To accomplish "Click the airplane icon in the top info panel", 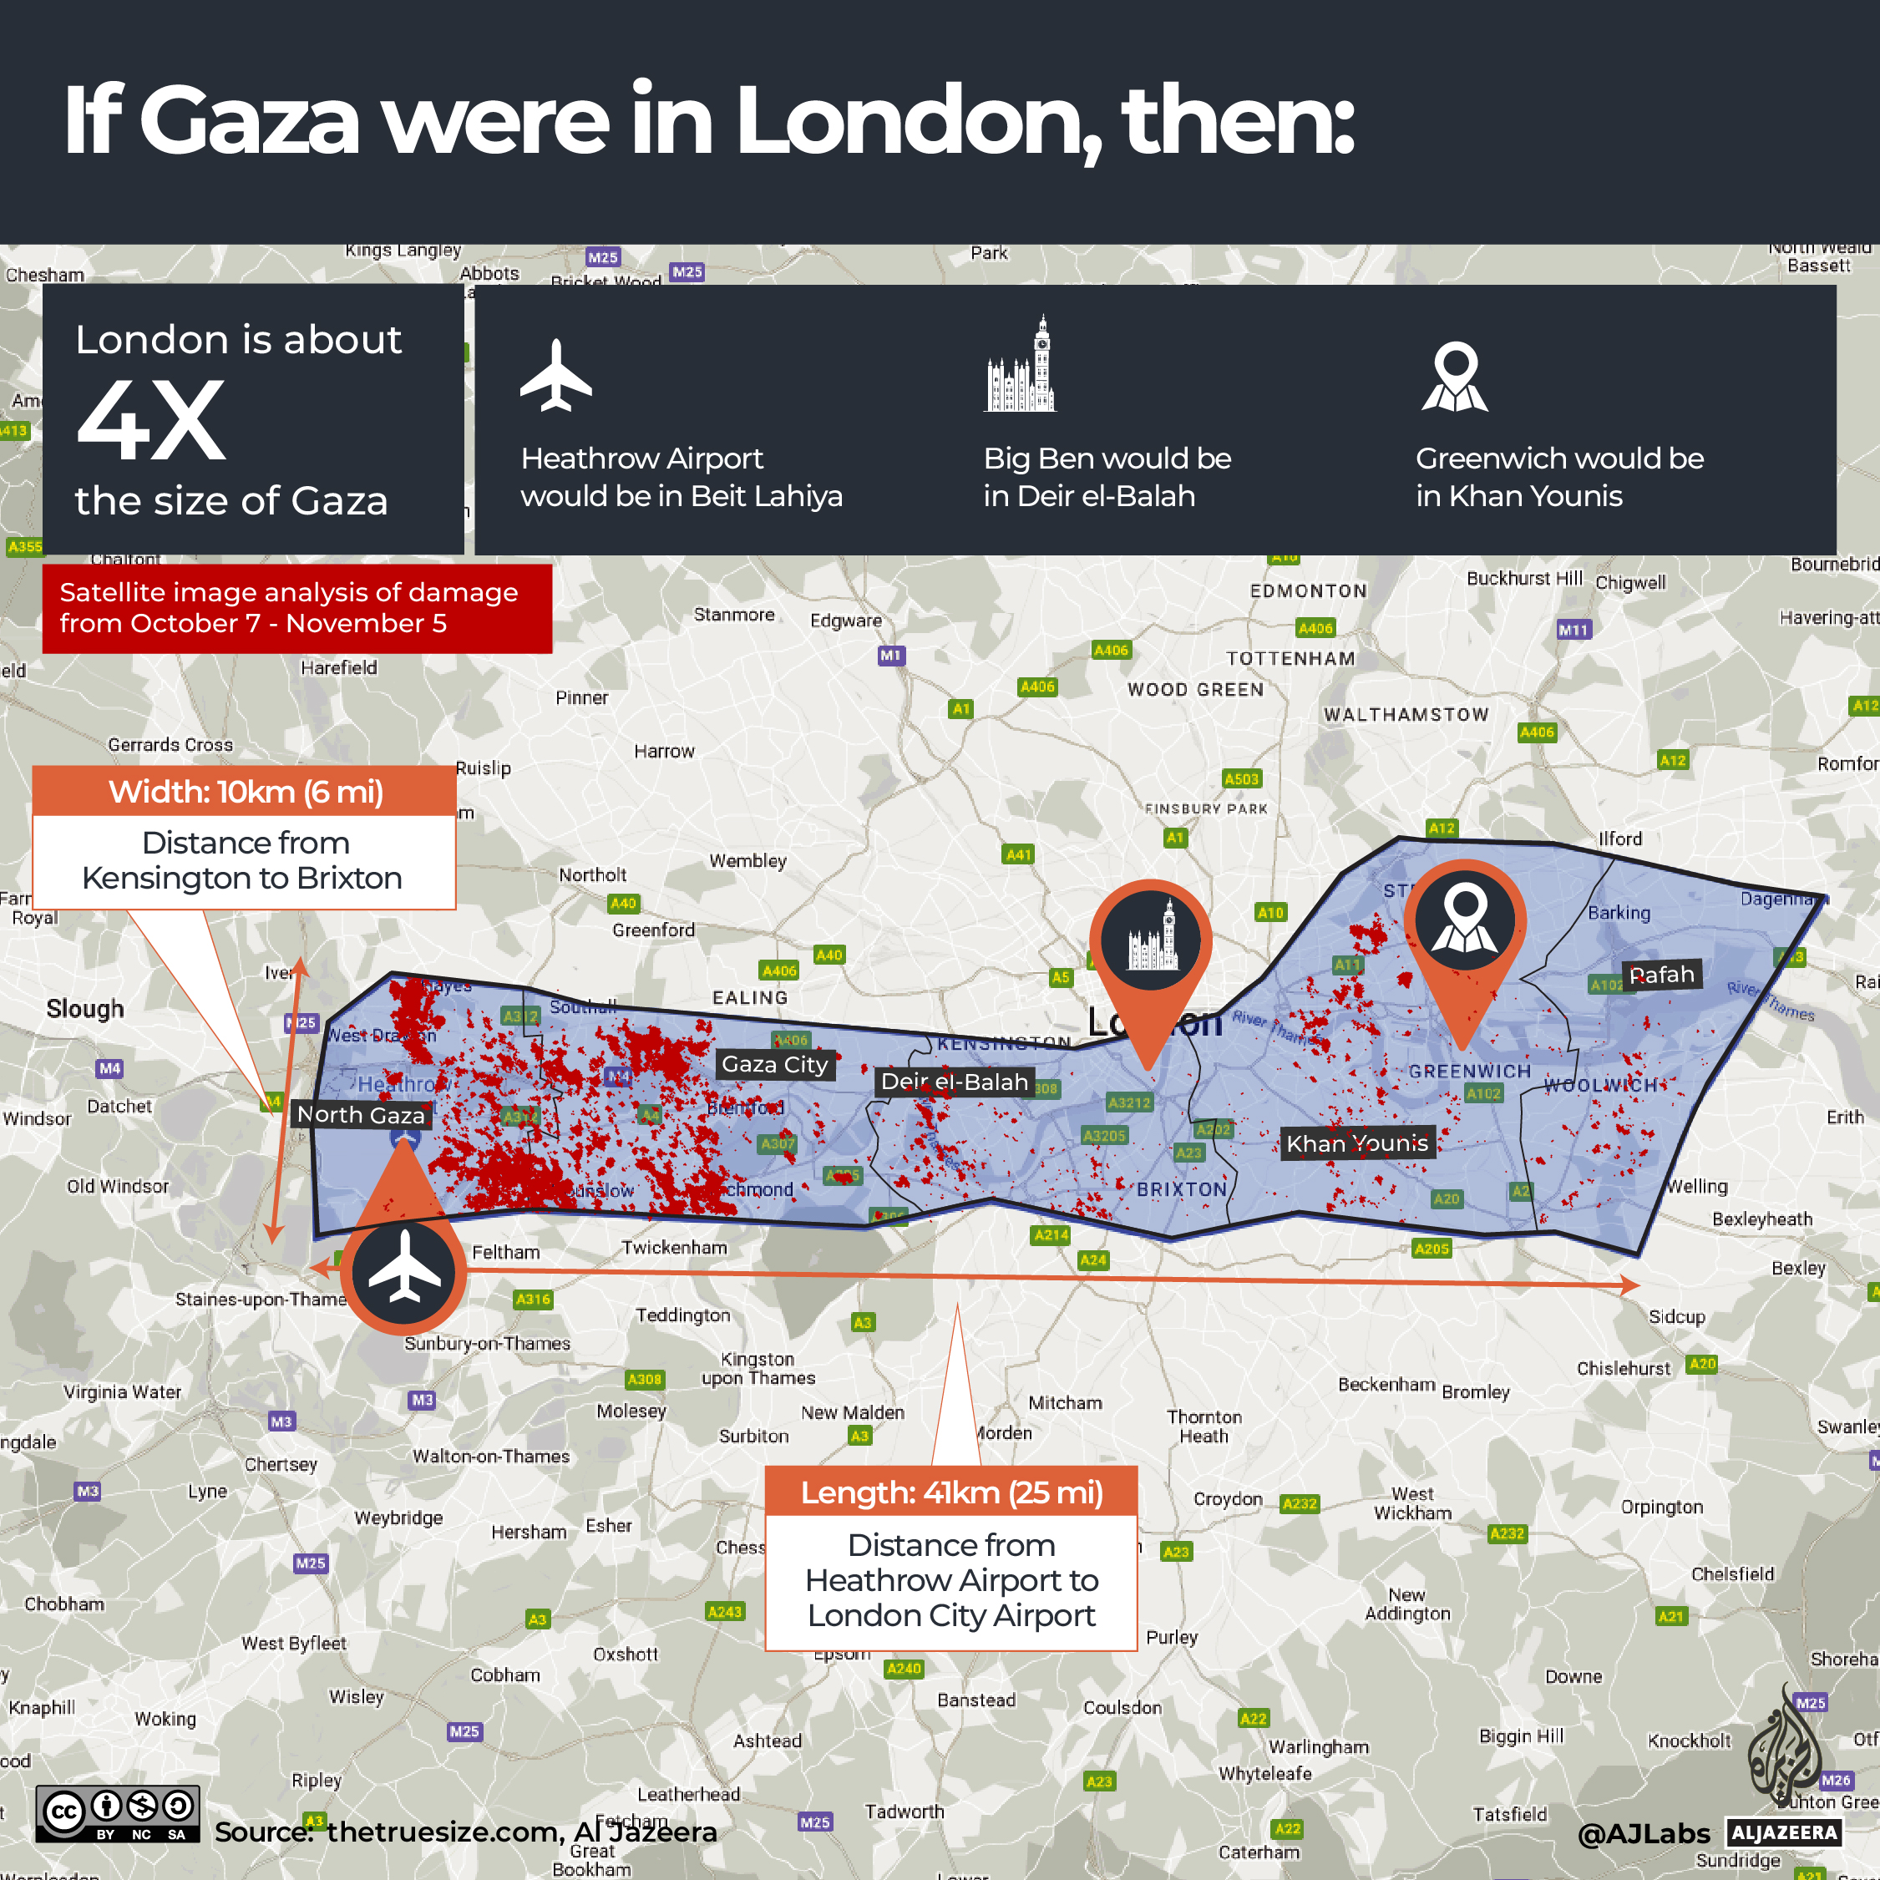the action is click(555, 376).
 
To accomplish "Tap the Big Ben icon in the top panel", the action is click(1020, 365).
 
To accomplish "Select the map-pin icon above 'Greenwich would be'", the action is click(1455, 377).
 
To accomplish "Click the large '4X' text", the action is click(152, 421).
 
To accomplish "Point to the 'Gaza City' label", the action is click(774, 1065).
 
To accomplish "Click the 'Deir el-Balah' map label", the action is click(954, 1082).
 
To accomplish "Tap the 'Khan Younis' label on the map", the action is click(1356, 1143).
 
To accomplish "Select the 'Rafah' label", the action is click(1661, 975).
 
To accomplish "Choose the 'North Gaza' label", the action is click(360, 1115).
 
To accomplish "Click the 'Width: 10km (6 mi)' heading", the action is click(246, 792).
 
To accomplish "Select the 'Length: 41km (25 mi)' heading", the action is click(950, 1492).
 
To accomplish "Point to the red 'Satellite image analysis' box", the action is click(296, 608).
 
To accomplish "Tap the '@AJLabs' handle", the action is click(1643, 1833).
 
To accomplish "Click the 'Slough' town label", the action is click(86, 1009).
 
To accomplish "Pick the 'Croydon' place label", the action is click(1228, 1499).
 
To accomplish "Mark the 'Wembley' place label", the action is click(747, 861).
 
